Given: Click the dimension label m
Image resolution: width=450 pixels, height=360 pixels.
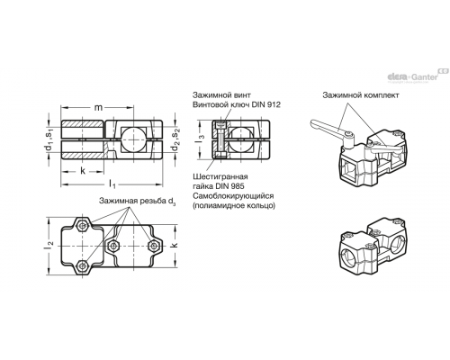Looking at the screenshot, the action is (x=98, y=107).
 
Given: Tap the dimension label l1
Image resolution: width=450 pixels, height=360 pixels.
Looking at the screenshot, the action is (x=112, y=184).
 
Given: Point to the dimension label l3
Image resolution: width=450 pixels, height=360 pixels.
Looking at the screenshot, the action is (x=202, y=139).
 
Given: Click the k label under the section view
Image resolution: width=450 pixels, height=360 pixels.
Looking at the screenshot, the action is (x=83, y=171).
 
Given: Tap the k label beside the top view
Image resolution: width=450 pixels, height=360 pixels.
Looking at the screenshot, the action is (x=175, y=245).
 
